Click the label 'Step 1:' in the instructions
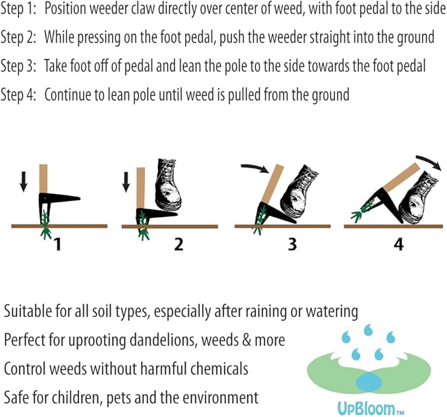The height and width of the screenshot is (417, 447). [19, 13]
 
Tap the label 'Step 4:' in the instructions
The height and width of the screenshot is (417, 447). [19, 94]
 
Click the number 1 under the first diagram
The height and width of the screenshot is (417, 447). [58, 245]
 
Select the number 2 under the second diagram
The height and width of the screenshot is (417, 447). [178, 245]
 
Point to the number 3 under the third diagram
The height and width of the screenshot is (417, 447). [292, 245]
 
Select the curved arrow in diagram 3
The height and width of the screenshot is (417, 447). [255, 168]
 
